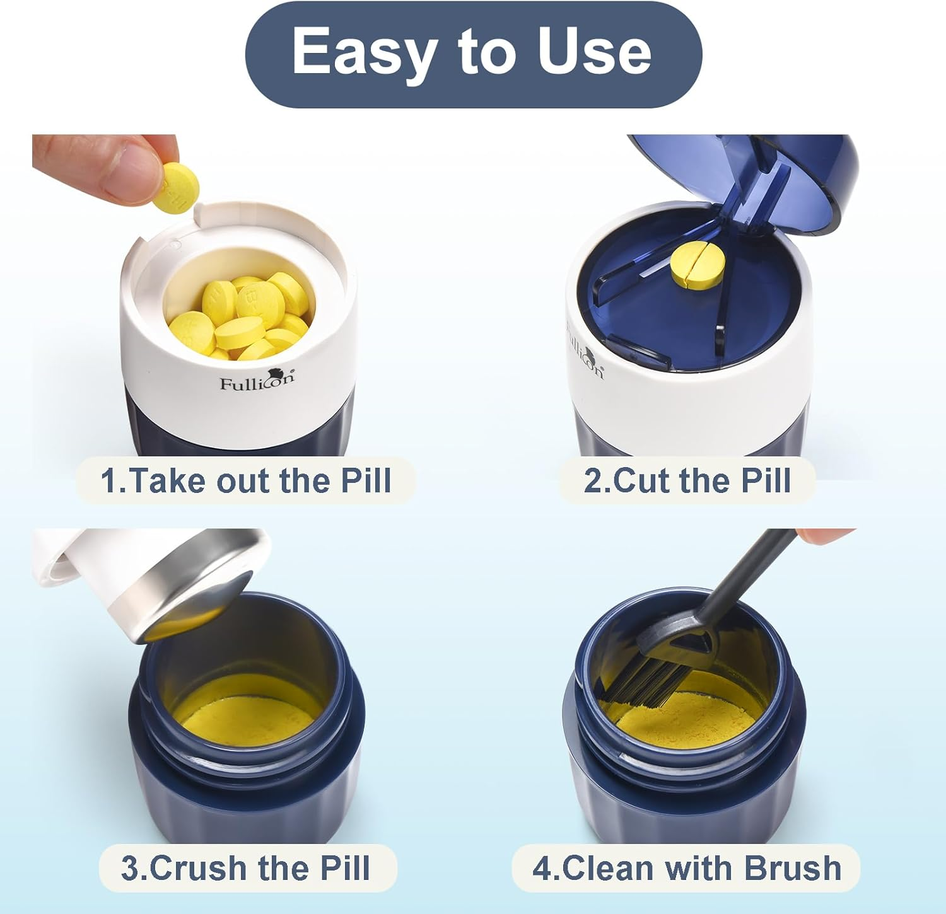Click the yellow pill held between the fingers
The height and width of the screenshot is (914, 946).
(x=179, y=188)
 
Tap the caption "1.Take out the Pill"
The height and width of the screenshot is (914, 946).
(x=246, y=480)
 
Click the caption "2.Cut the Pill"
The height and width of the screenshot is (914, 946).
(x=687, y=480)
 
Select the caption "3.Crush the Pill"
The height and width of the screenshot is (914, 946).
(x=246, y=868)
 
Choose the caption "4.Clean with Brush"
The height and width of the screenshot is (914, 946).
(x=686, y=868)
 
